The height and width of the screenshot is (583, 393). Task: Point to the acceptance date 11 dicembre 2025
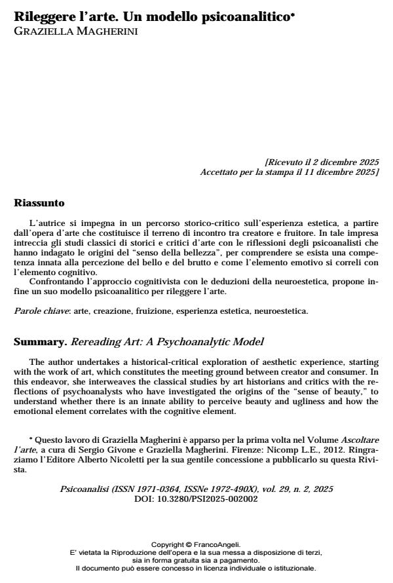tap(341, 172)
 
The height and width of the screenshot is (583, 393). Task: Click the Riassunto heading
tap(41, 204)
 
